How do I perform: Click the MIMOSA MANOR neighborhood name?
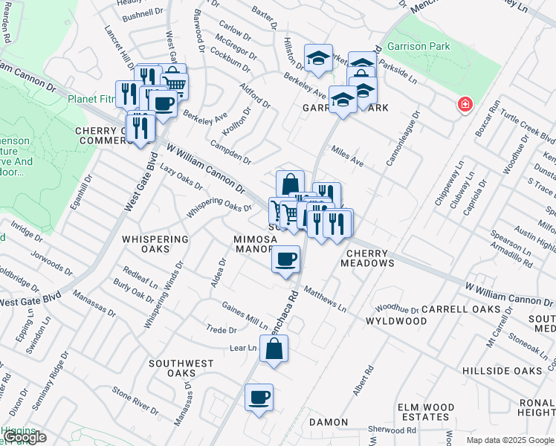255,245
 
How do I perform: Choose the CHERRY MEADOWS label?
368,257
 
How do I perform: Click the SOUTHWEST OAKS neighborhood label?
181,368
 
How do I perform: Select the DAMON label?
329,422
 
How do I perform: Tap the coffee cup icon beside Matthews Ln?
285,259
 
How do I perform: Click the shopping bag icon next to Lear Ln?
274,348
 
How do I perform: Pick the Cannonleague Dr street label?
402,138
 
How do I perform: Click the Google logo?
25,437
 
